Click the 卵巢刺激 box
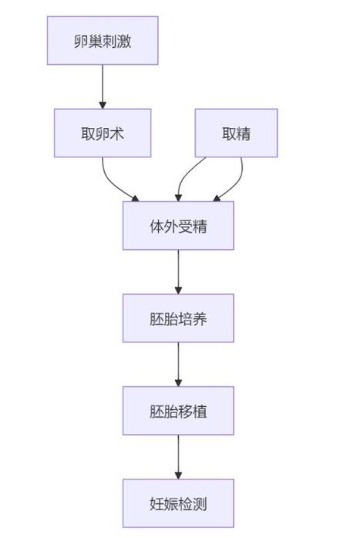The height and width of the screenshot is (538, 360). pos(103,41)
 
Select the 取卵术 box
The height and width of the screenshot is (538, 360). pos(103,133)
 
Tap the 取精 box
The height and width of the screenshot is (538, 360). pos(236,133)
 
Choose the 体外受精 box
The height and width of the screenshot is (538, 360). pos(178,226)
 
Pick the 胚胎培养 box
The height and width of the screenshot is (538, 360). pos(178,318)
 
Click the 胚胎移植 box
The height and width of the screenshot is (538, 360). pos(178,411)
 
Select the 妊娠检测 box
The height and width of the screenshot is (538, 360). pos(178,503)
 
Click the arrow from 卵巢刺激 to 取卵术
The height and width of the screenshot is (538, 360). pos(103,86)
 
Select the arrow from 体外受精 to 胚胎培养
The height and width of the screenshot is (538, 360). pos(178,272)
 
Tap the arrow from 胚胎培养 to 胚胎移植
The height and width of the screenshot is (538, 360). pos(178,365)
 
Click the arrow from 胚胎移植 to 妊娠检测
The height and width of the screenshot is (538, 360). pos(178,457)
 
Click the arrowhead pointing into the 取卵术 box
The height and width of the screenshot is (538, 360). pos(103,105)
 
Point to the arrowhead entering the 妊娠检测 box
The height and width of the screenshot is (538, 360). pos(178,476)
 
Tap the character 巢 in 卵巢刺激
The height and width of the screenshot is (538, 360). pos(96,41)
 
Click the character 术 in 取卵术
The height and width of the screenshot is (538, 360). pos(116,134)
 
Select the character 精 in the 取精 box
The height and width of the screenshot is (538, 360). pos(244,134)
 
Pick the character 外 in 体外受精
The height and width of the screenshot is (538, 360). pos(171,227)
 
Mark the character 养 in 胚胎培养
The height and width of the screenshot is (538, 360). pos(200,319)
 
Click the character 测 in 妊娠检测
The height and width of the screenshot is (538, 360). pos(200,504)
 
